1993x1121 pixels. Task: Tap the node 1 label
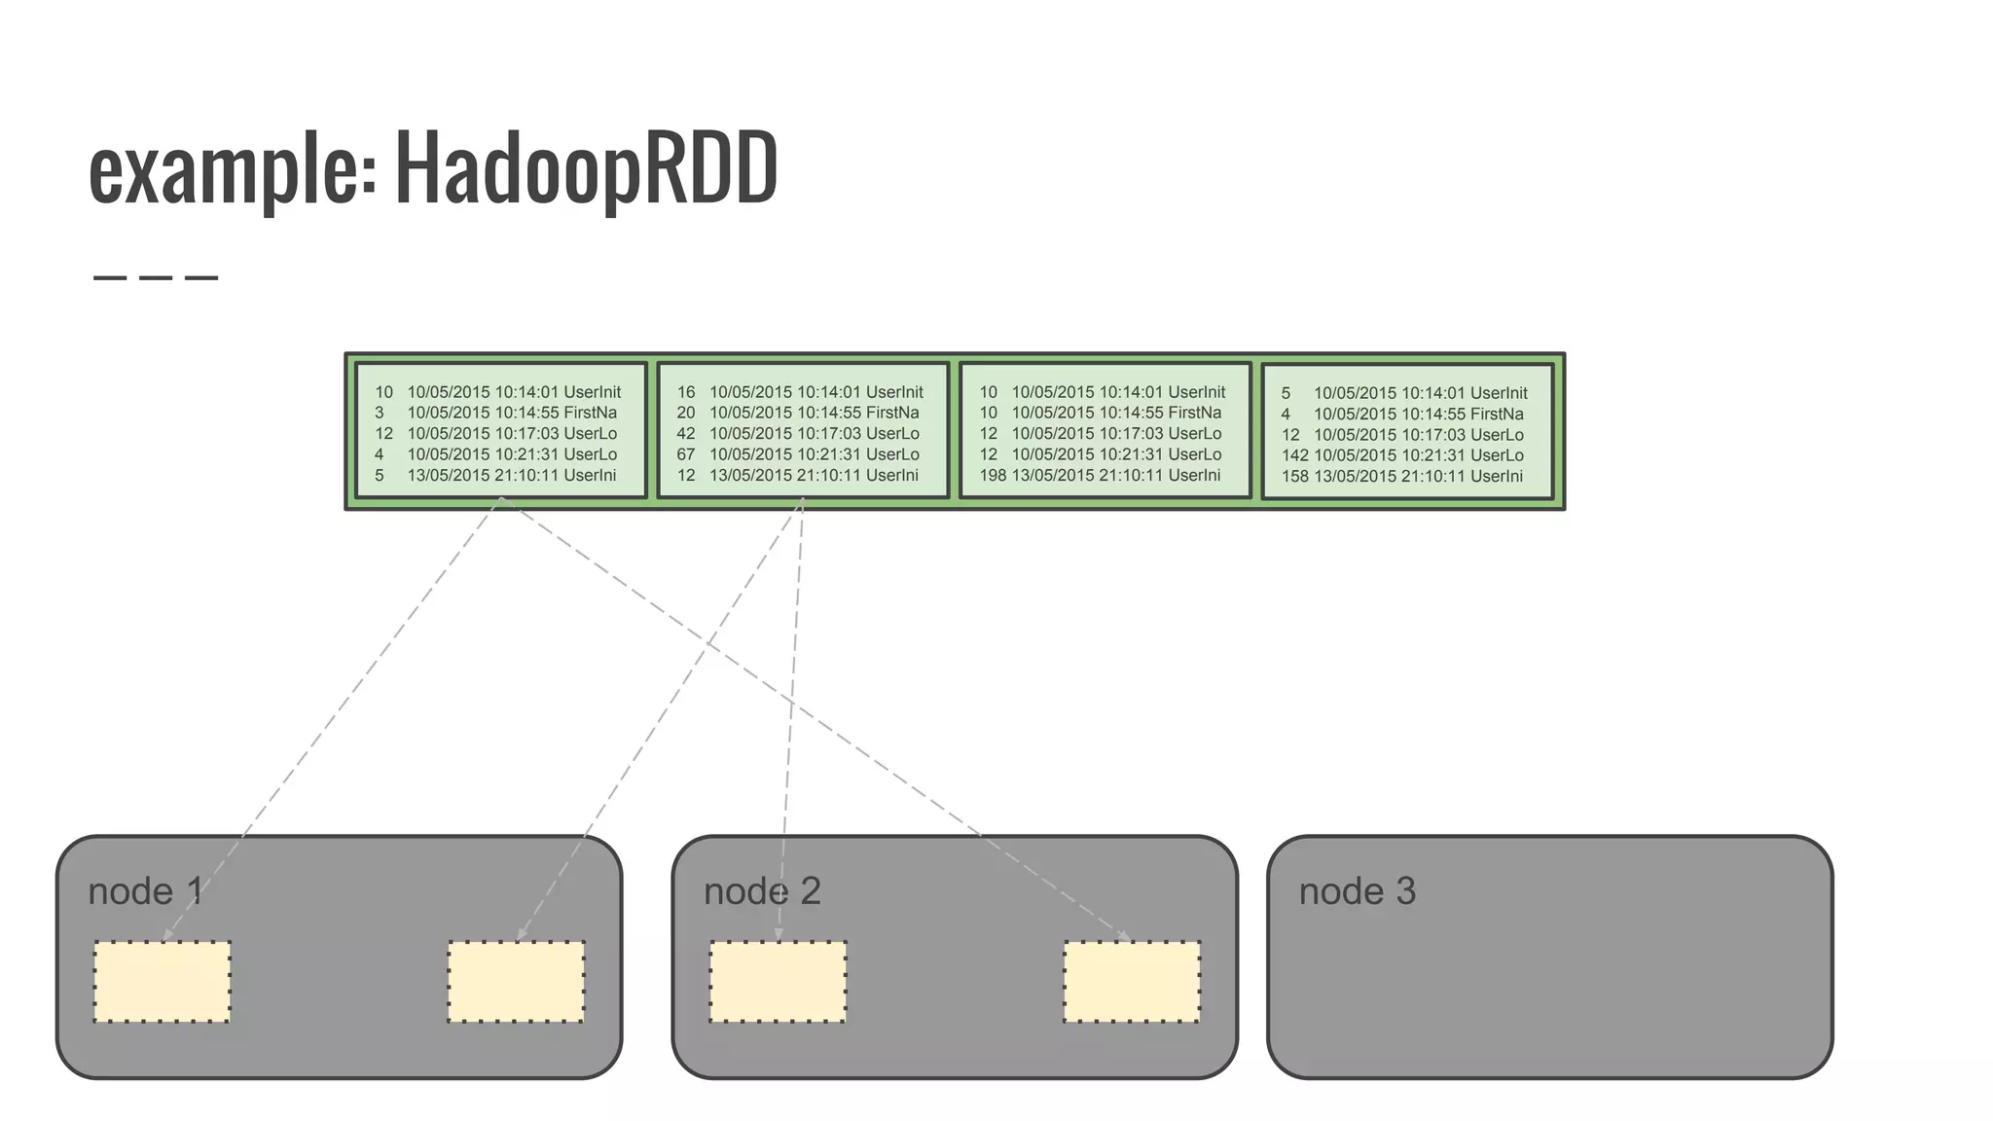[x=145, y=891]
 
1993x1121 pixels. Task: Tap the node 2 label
[x=762, y=891]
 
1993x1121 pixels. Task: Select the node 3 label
[x=1357, y=891]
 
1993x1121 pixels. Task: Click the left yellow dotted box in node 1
[x=162, y=982]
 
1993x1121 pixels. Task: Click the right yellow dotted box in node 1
[x=516, y=982]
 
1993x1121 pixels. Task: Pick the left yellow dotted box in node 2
[x=778, y=982]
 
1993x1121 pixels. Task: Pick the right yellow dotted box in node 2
[x=1132, y=982]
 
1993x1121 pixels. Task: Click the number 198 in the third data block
[x=992, y=475]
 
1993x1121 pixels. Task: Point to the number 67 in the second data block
[x=685, y=454]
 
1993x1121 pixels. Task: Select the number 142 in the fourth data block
[x=1294, y=455]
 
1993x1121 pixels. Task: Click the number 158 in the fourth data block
[x=1294, y=476]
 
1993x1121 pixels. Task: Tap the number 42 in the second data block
[x=685, y=433]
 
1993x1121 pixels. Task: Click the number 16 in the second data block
[x=685, y=392]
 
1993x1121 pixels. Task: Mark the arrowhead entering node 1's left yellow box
[x=166, y=936]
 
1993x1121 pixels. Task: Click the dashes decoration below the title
[x=156, y=278]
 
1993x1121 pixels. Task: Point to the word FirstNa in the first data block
[x=590, y=413]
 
